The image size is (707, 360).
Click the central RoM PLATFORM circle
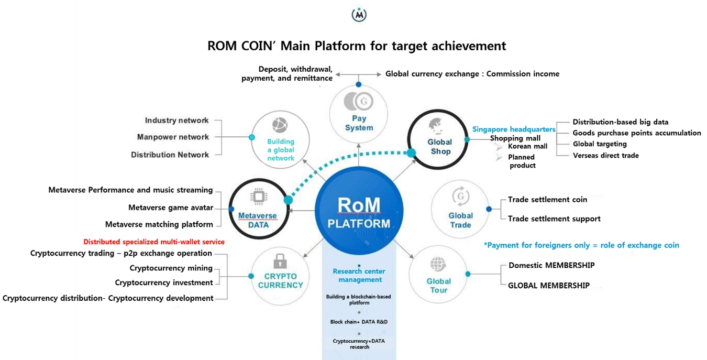[359, 212]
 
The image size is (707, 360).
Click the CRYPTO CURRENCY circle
[280, 277]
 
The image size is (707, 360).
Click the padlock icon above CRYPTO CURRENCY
[280, 260]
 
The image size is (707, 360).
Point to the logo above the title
[359, 15]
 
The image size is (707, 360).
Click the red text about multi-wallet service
[154, 242]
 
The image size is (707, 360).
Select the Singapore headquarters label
[513, 129]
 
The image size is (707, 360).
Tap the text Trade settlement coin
[547, 200]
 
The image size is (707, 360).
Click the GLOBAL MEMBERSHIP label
[548, 286]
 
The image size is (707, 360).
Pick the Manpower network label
[173, 137]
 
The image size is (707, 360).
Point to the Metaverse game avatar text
[170, 208]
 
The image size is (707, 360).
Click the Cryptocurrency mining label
[171, 268]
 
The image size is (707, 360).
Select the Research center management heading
[359, 276]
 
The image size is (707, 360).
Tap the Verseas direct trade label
[605, 156]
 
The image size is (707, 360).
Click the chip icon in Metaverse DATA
[258, 197]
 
